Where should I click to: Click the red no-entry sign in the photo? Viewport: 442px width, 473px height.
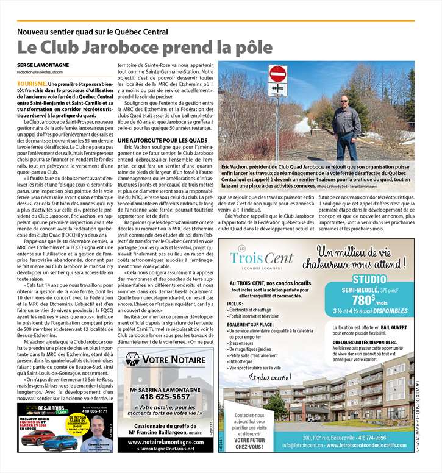click(x=277, y=74)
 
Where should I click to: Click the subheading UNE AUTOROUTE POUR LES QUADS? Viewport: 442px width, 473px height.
click(x=155, y=141)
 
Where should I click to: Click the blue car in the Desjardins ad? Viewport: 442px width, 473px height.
click(x=60, y=443)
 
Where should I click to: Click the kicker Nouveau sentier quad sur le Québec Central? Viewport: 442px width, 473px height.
click(x=93, y=32)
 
